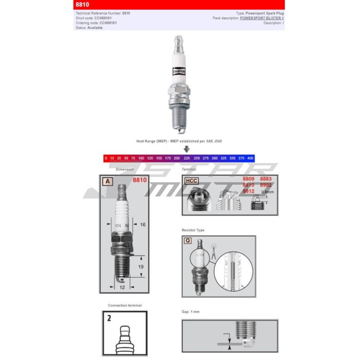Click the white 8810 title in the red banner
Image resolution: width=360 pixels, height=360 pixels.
tap(82, 5)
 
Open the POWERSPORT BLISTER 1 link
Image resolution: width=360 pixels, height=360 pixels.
tap(262, 18)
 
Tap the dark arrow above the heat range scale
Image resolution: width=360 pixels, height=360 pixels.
tap(187, 149)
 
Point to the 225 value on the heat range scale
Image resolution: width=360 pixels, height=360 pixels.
tap(186, 158)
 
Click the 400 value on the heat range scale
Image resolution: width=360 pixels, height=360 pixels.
tap(250, 158)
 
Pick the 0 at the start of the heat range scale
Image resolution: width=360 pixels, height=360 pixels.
tap(106, 158)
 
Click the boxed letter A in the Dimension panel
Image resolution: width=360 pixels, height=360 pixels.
tap(107, 181)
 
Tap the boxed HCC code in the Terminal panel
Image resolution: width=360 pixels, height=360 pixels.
tap(191, 181)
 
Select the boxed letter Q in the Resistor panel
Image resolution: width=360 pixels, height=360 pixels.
tap(188, 241)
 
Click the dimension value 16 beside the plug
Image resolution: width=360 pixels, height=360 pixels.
tap(143, 225)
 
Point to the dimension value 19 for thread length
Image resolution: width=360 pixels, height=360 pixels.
tap(140, 267)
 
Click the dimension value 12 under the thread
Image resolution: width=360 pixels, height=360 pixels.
tap(122, 287)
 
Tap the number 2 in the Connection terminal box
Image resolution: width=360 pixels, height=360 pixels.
tap(109, 318)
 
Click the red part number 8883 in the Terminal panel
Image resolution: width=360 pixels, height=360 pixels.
tap(265, 178)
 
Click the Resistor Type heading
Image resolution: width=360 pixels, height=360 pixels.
tap(193, 230)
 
